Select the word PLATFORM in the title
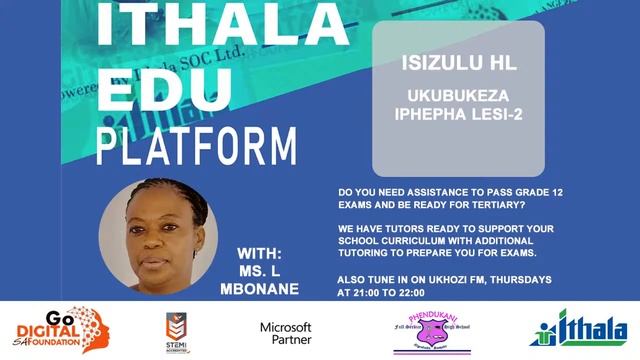[x=197, y=145]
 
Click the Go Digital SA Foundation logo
[x=60, y=331]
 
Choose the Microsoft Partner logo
[x=286, y=333]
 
